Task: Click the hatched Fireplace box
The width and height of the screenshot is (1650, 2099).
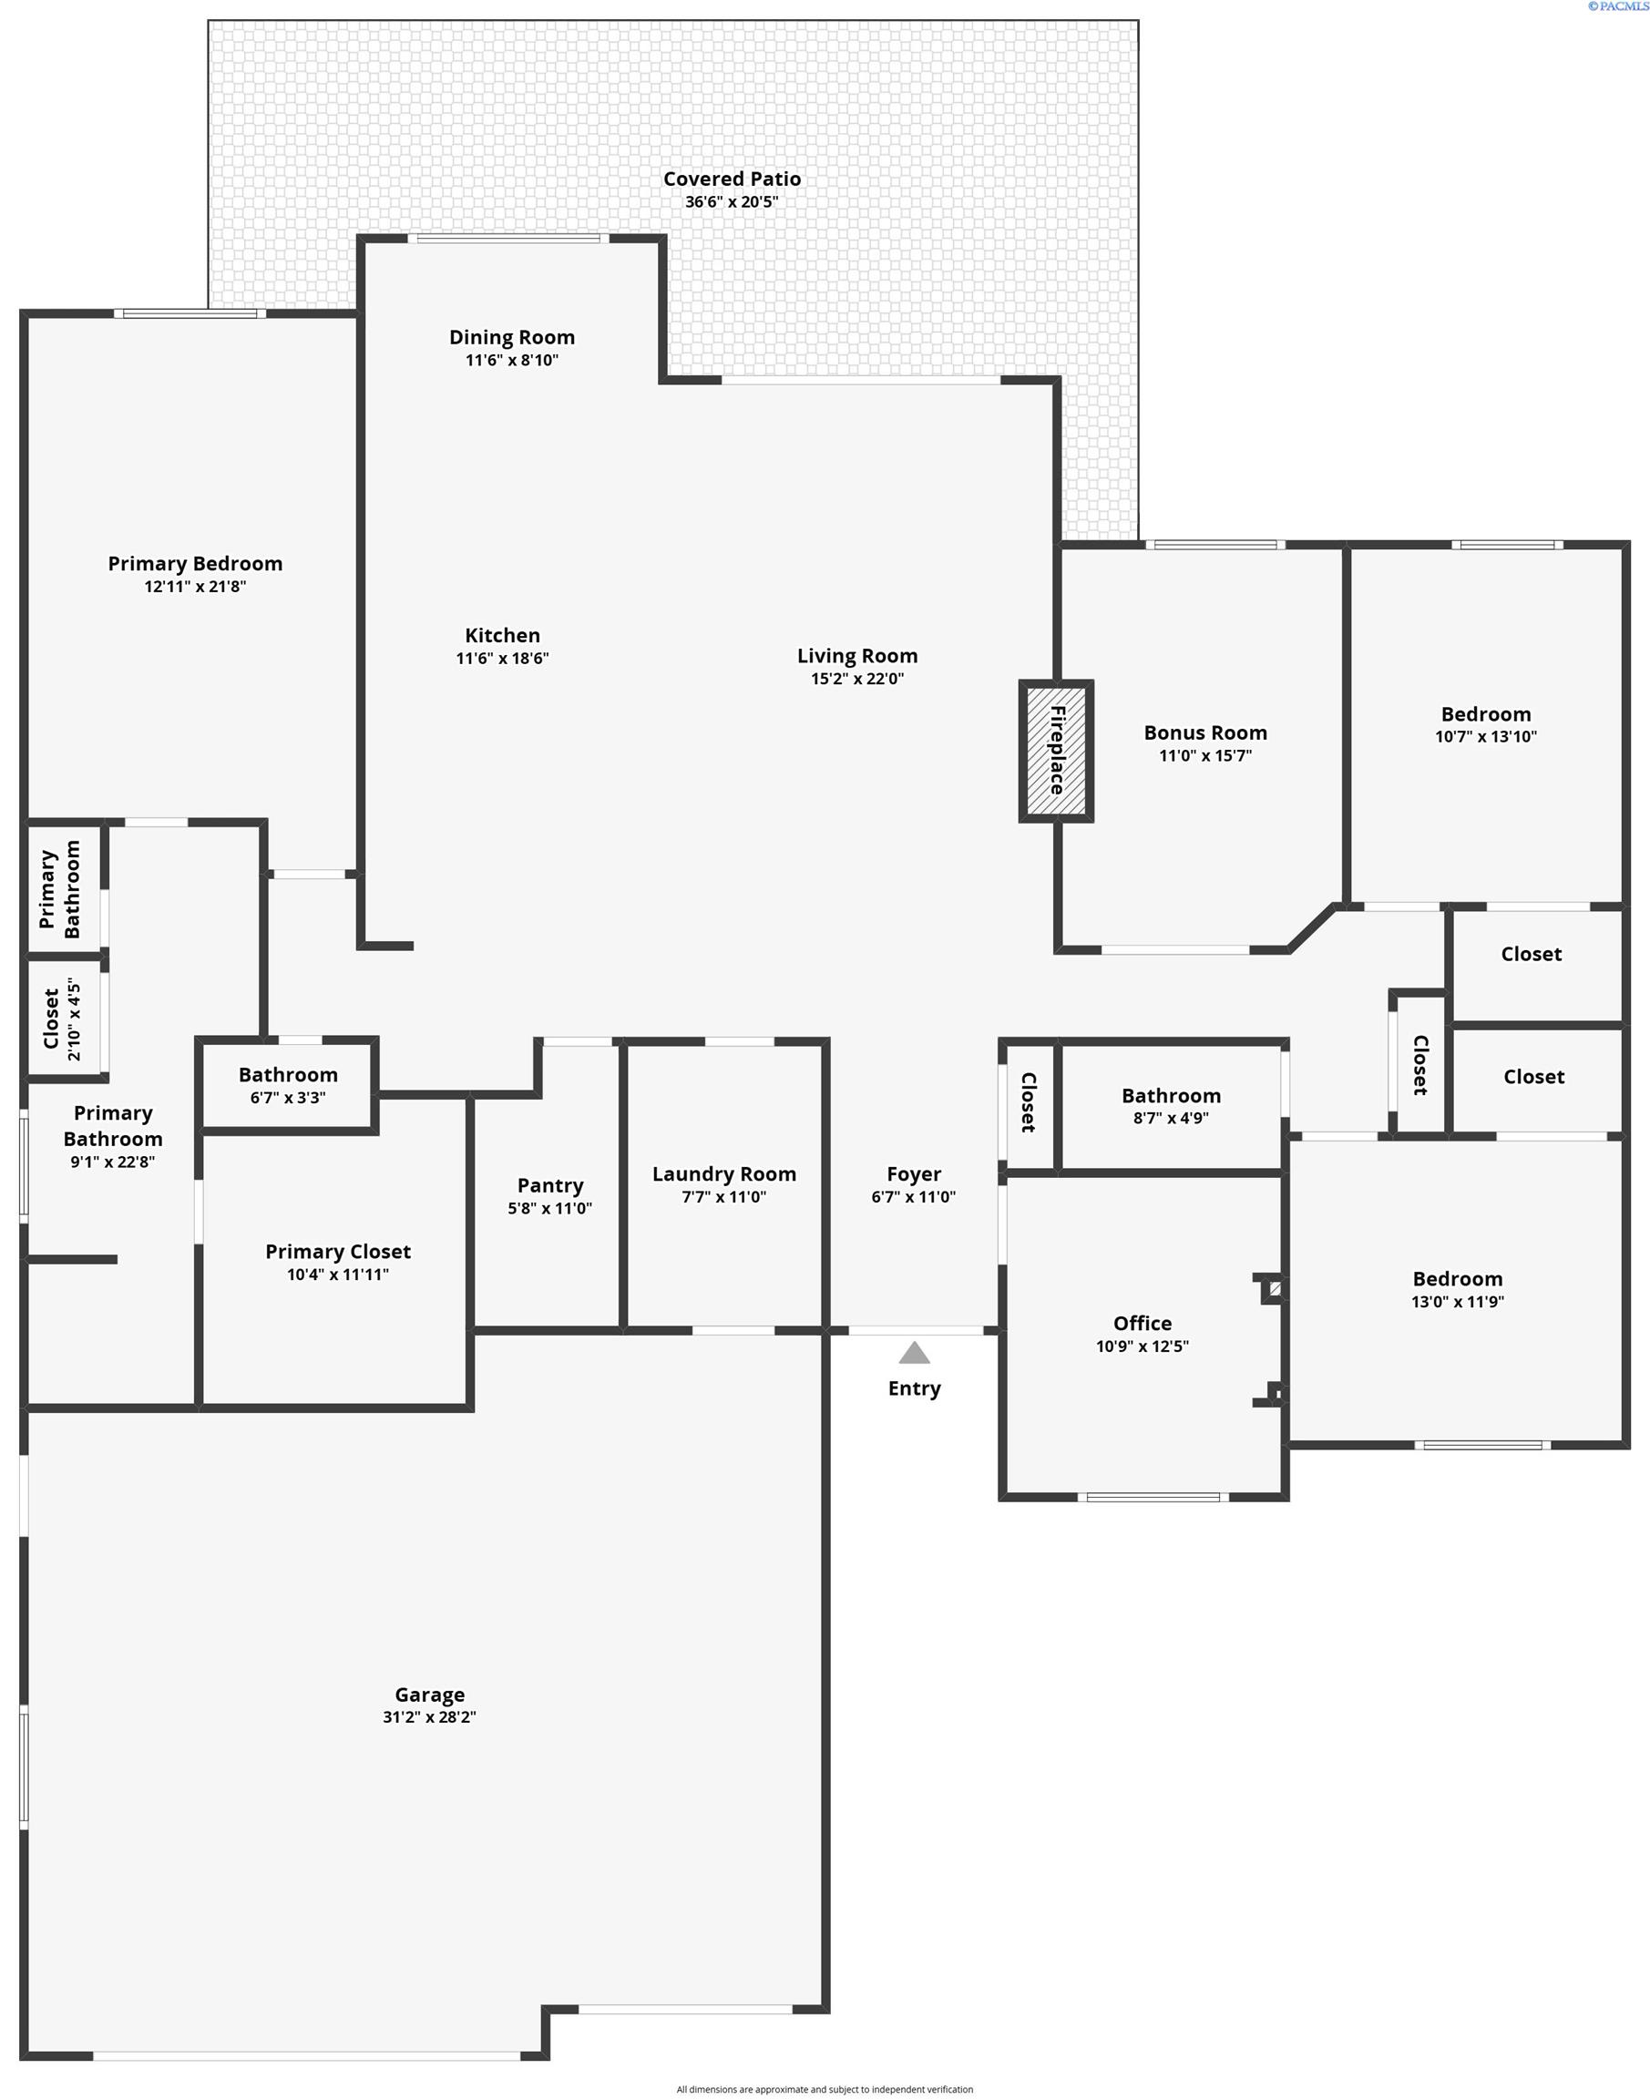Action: point(1056,751)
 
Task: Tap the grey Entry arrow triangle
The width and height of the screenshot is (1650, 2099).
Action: point(914,1352)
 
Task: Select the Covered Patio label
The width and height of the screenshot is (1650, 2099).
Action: point(732,179)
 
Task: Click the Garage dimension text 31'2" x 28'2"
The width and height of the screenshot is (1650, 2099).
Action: point(429,1716)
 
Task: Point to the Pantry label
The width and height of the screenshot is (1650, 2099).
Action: point(549,1185)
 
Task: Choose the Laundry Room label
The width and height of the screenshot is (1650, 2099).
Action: point(723,1173)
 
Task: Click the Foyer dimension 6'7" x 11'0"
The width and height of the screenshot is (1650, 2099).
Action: point(913,1197)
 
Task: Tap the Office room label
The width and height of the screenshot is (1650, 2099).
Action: point(1142,1324)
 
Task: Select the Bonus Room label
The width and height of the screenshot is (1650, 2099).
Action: point(1204,732)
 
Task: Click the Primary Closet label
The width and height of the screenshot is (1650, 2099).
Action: point(338,1251)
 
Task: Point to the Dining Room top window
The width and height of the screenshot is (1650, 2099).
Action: point(508,239)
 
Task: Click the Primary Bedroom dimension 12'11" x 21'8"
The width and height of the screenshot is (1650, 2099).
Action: point(195,587)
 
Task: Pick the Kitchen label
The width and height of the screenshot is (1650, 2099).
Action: point(502,636)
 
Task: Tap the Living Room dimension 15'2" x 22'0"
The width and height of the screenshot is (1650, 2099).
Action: point(856,678)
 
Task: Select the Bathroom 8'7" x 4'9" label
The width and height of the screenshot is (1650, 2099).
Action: point(1171,1095)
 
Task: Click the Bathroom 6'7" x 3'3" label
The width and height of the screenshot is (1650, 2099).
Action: point(288,1075)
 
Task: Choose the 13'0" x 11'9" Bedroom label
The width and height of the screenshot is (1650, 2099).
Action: point(1457,1279)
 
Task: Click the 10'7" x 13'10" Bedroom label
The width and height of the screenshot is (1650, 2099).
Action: point(1486,714)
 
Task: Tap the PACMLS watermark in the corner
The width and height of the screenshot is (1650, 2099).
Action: point(1616,6)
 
